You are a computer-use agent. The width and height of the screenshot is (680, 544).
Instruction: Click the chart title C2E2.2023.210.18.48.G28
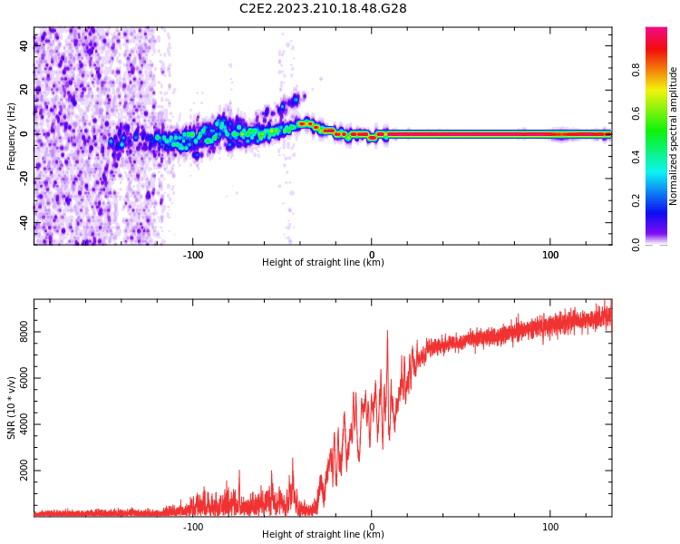click(323, 8)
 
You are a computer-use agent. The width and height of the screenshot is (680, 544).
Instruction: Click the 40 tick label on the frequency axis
click(24, 44)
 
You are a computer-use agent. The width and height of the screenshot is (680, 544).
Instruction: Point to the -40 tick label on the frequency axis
click(24, 222)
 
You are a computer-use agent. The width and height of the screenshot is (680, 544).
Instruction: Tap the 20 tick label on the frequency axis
click(24, 89)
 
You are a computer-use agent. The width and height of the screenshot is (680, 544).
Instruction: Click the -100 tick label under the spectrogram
click(193, 254)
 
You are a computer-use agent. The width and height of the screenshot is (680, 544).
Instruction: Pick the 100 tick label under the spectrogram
click(549, 254)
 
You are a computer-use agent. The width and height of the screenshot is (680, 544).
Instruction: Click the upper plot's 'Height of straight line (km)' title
click(323, 263)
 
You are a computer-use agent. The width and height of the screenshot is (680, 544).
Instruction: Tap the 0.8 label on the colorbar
click(661, 69)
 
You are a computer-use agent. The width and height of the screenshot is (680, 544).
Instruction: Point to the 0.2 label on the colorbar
click(661, 200)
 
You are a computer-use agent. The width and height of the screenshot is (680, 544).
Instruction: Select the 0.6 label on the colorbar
click(661, 112)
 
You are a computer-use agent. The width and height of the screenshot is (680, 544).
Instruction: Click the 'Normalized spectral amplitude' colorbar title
click(674, 136)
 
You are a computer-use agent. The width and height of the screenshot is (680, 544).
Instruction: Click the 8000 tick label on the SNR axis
click(24, 333)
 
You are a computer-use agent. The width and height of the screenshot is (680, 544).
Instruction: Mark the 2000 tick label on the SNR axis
click(24, 471)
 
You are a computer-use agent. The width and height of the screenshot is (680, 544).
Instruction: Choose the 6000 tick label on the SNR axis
click(24, 379)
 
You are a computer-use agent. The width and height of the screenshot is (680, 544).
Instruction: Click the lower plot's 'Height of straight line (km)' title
click(323, 535)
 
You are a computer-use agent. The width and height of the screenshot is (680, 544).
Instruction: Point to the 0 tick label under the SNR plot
click(372, 526)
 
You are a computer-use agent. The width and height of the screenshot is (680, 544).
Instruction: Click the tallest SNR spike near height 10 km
click(387, 332)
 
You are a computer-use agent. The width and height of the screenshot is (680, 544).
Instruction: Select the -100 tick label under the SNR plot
click(193, 526)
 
